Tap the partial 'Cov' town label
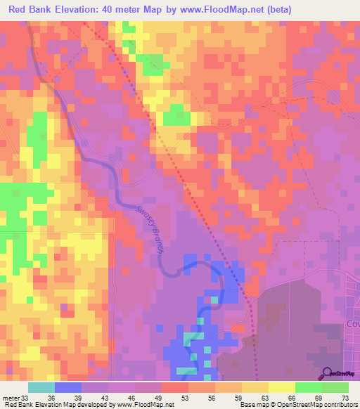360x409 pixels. click(x=352, y=325)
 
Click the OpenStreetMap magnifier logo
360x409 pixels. click(x=326, y=374)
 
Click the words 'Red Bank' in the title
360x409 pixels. click(x=32, y=9)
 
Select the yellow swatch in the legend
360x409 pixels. click(x=281, y=387)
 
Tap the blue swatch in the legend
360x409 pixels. click(x=68, y=387)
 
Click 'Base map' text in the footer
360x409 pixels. click(x=254, y=405)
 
